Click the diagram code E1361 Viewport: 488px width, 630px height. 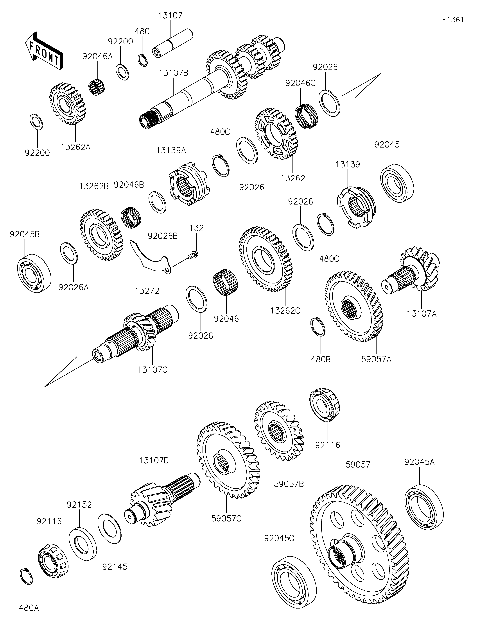click(x=453, y=20)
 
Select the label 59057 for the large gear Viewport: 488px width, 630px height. click(x=358, y=465)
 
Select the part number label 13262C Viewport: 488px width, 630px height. click(x=285, y=311)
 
